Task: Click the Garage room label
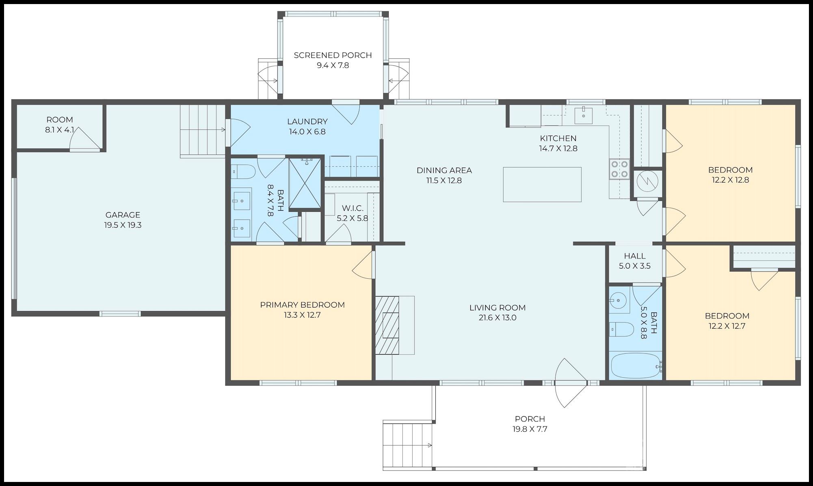click(123, 215)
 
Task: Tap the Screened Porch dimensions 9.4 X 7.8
click(333, 65)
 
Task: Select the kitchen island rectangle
click(542, 185)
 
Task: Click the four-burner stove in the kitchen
click(619, 169)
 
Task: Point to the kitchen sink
click(584, 116)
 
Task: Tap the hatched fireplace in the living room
click(387, 325)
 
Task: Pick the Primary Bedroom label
click(303, 305)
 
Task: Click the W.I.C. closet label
click(352, 208)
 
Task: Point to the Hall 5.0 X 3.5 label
click(635, 261)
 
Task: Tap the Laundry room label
click(307, 121)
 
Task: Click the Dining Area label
click(444, 170)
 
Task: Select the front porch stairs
click(408, 445)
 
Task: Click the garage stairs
click(203, 130)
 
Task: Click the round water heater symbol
click(647, 182)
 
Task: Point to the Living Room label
click(497, 308)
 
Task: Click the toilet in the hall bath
click(622, 329)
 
